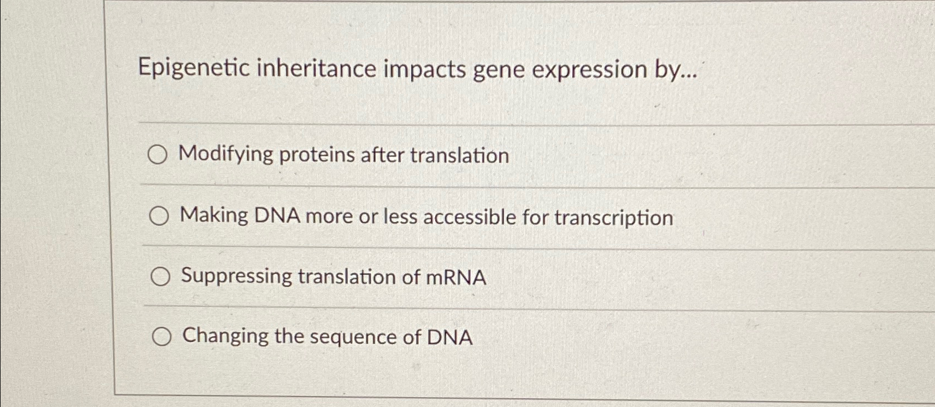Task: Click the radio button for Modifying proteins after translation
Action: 157,155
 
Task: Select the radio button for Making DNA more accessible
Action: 159,216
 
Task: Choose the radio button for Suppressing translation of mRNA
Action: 160,277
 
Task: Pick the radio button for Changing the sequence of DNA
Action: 161,336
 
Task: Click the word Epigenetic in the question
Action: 193,69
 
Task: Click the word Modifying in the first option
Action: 226,155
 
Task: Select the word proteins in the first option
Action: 317,155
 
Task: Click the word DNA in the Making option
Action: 276,216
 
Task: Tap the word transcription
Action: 614,218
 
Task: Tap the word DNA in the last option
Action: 450,337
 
